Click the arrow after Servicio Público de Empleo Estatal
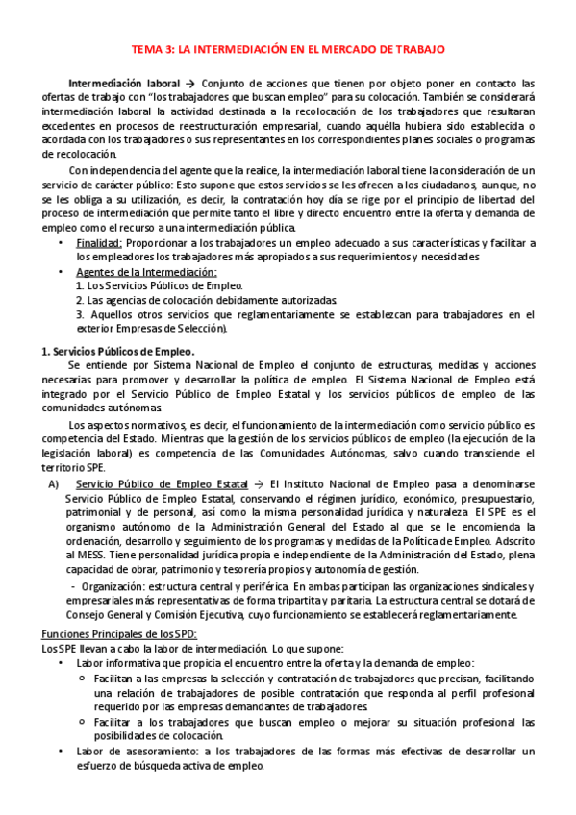257,483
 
